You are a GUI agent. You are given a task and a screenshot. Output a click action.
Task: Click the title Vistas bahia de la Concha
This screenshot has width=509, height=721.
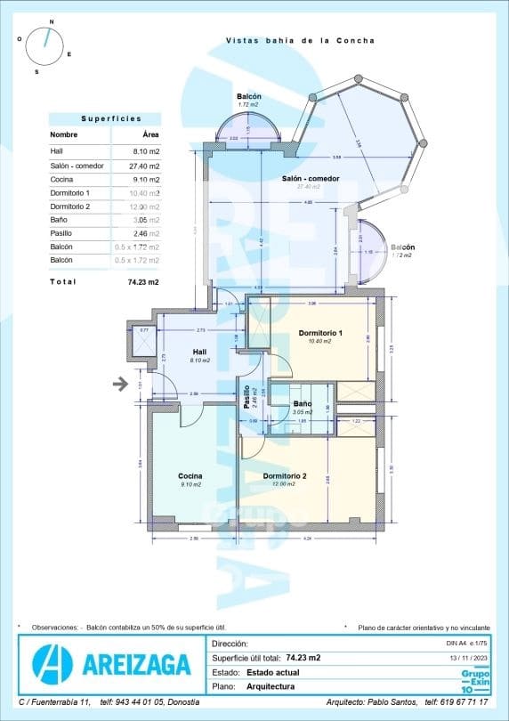tap(300, 40)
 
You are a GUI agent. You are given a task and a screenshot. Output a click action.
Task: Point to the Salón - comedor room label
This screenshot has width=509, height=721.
tap(311, 179)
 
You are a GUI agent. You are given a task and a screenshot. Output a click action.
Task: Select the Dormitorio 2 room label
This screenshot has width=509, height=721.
tap(285, 476)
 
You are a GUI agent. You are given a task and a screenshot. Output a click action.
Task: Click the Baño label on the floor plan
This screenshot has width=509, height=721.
tap(303, 404)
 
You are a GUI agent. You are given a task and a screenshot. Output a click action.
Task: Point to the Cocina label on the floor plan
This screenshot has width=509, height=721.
tap(190, 476)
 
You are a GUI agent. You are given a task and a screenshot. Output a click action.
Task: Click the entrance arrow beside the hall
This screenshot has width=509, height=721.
tap(119, 384)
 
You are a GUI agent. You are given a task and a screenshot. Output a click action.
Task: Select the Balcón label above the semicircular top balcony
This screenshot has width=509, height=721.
tap(248, 97)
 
